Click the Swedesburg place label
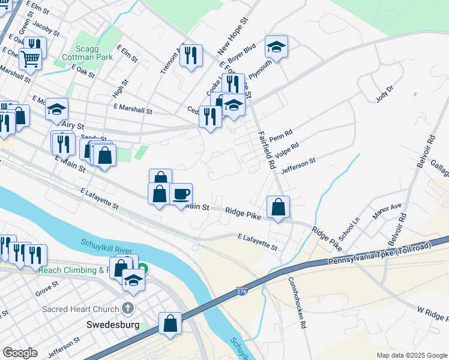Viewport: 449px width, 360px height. point(108,325)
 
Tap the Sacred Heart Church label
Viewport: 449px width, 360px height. point(80,310)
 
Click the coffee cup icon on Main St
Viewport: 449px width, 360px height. point(181,194)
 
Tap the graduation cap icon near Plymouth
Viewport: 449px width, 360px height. point(276,46)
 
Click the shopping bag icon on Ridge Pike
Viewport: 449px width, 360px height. point(278,207)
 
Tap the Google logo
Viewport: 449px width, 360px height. point(20,353)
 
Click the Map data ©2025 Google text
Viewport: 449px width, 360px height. point(411,355)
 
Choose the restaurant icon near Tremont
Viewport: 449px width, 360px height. point(191,55)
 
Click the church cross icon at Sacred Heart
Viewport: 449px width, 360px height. point(127,308)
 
